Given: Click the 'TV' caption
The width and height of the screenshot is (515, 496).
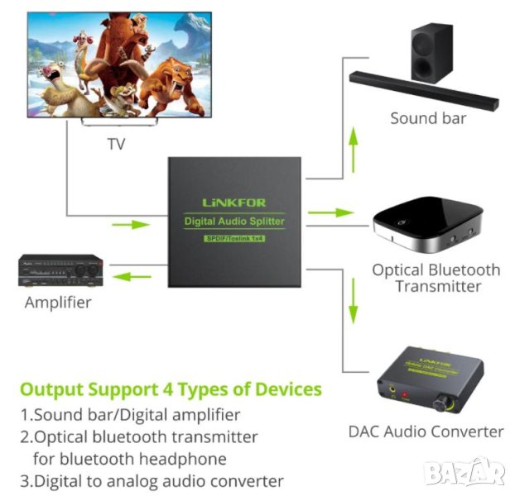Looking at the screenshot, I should [x=117, y=145].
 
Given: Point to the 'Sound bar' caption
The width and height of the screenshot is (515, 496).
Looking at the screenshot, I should [x=428, y=118].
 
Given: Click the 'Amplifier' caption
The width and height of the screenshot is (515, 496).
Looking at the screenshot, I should [x=58, y=302].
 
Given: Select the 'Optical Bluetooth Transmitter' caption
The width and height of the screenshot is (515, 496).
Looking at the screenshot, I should [x=436, y=278].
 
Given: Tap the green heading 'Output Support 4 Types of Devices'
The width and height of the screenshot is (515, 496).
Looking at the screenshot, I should [x=171, y=389].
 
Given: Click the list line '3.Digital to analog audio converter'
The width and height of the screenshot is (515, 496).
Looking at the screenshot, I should [x=152, y=480].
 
